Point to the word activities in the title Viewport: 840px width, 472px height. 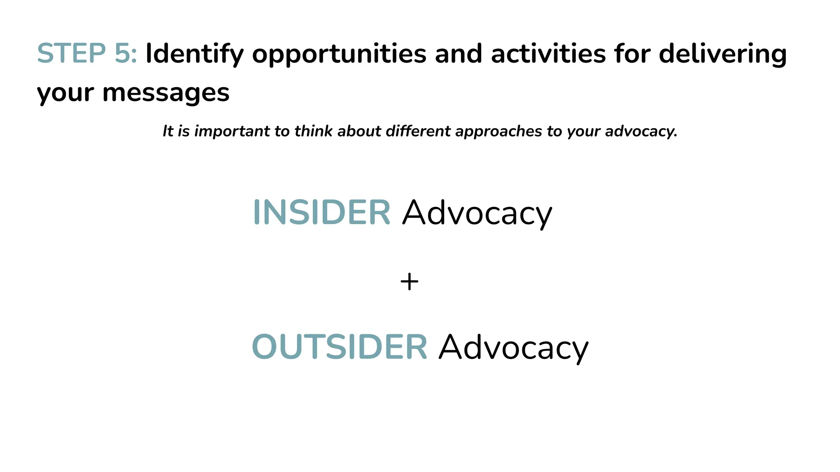coord(548,54)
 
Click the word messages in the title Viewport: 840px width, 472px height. coord(166,93)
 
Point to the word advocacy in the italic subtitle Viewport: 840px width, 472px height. coord(641,132)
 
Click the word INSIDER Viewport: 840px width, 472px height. coord(322,212)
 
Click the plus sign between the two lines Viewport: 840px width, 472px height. coord(409,282)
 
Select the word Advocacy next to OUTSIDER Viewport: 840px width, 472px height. coord(513,347)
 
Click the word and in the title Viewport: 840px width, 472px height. coord(458,54)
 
